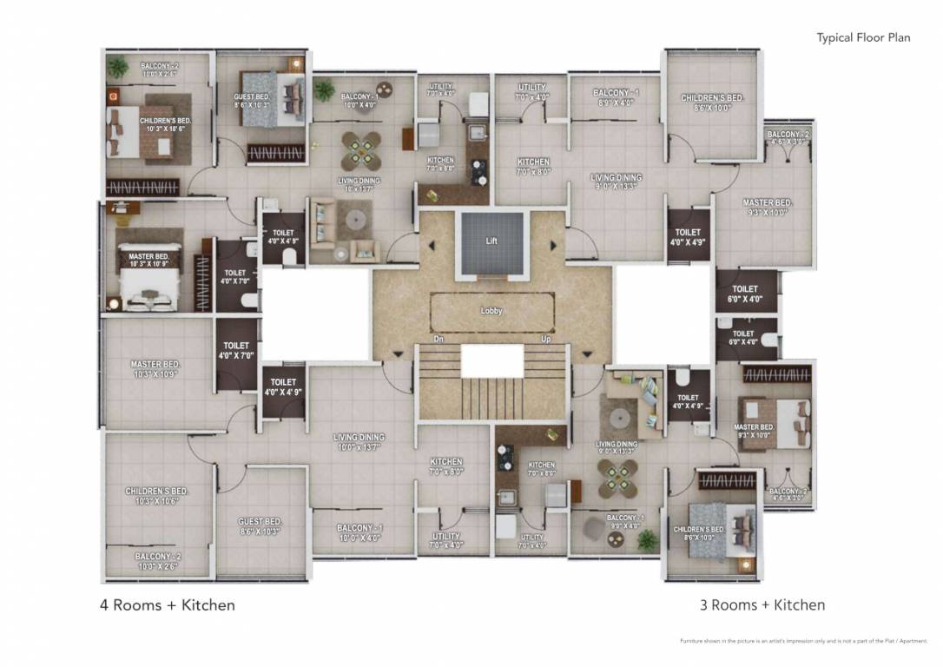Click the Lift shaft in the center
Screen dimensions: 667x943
(x=492, y=243)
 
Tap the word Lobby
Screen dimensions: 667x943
(x=491, y=310)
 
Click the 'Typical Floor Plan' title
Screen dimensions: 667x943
(x=862, y=37)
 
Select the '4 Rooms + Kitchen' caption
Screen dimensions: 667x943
(x=167, y=604)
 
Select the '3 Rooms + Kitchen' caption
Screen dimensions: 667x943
(x=762, y=604)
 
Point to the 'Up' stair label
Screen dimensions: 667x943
(x=545, y=339)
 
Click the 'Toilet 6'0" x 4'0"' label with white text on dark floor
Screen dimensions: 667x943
(x=744, y=294)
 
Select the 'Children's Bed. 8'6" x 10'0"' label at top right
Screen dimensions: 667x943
(x=711, y=102)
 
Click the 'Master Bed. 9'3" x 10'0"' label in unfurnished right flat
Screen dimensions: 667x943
(x=767, y=208)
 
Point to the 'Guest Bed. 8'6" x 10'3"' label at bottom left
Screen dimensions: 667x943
(x=260, y=527)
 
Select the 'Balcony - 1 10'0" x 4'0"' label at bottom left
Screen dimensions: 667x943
(x=359, y=532)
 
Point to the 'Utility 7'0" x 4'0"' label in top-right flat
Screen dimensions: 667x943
(x=531, y=92)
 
